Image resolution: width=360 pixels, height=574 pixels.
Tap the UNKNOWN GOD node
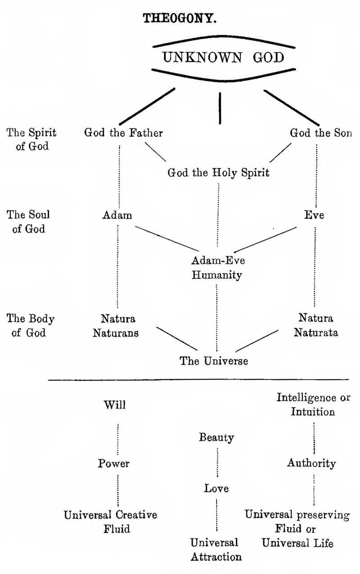click(x=223, y=58)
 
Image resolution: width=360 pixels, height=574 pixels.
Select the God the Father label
click(x=123, y=133)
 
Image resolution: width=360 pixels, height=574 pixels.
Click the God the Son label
click(x=321, y=133)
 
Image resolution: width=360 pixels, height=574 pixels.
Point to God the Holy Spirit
click(x=218, y=172)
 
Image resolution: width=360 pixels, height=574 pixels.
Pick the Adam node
click(x=117, y=215)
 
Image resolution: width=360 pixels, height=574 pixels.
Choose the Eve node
click(x=314, y=215)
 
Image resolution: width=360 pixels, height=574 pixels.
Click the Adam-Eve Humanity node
click(x=217, y=268)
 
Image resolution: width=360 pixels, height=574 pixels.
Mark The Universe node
click(x=214, y=361)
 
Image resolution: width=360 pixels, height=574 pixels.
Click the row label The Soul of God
click(x=26, y=221)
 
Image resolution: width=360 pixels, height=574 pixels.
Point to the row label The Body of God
click(x=30, y=326)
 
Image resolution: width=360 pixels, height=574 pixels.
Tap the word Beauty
click(x=216, y=437)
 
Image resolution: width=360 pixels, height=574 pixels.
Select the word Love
click(x=216, y=488)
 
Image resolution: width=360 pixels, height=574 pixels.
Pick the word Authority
click(x=312, y=463)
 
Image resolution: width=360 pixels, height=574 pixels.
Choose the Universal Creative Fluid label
click(x=111, y=521)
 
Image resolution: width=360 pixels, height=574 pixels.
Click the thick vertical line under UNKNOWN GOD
click(x=220, y=108)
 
